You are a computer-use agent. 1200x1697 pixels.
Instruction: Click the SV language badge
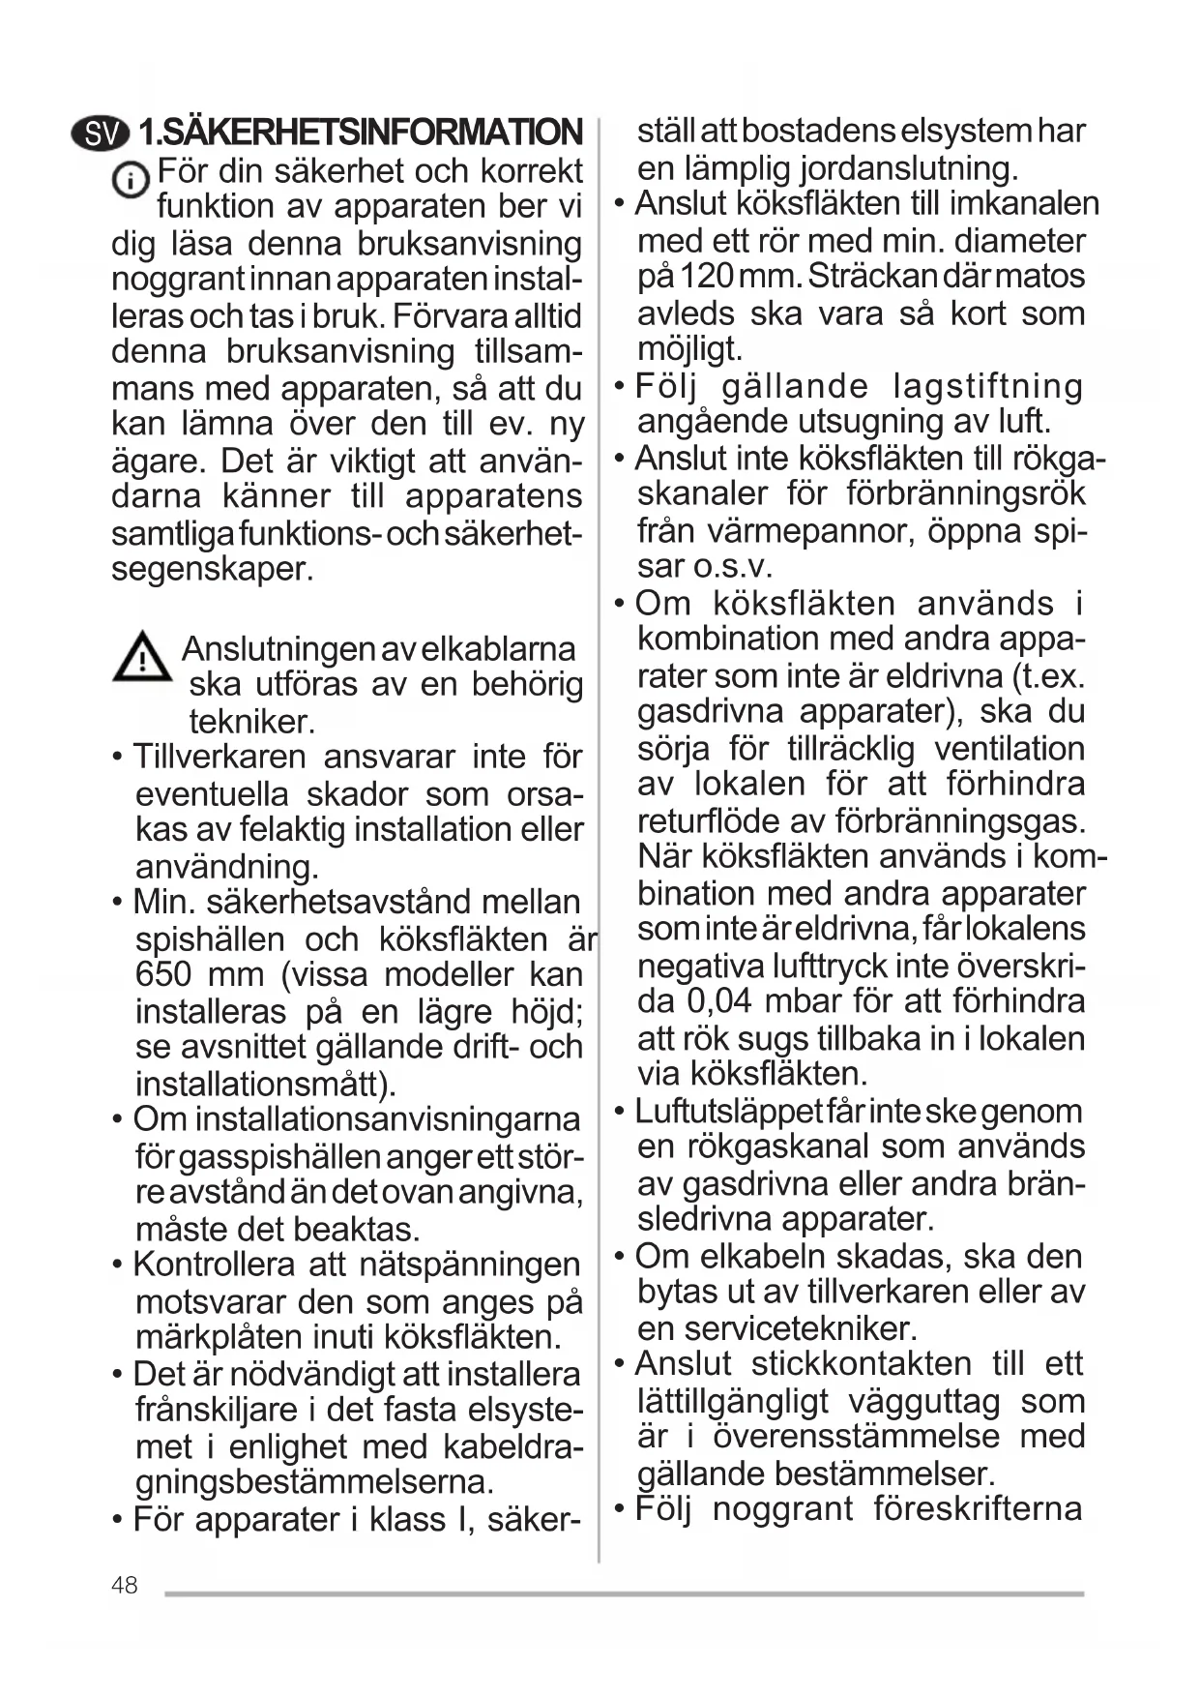point(101,134)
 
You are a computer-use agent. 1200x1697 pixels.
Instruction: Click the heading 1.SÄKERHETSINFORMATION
point(361,134)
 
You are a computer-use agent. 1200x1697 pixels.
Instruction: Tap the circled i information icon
point(130,181)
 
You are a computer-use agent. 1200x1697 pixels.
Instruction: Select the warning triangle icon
point(142,657)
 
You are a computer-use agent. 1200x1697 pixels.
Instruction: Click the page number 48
point(125,1585)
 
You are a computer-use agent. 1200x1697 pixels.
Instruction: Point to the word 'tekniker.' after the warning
point(252,722)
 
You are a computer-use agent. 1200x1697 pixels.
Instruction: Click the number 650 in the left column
point(164,974)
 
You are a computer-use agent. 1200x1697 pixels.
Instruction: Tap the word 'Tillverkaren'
point(220,757)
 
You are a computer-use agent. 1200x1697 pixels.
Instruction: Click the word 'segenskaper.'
point(213,569)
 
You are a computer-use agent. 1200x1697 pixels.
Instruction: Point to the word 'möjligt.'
point(689,348)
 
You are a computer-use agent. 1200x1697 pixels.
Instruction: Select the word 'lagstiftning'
point(987,386)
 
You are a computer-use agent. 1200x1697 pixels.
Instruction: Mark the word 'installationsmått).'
point(266,1084)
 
